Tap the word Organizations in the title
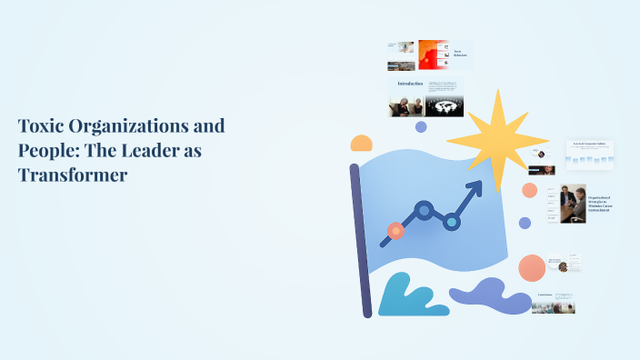click(x=150, y=126)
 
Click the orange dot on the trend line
click(x=395, y=231)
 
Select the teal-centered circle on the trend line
click(x=451, y=221)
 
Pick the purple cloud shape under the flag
click(x=491, y=295)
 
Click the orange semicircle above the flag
click(x=362, y=144)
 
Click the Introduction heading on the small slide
click(x=410, y=84)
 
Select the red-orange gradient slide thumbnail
click(x=433, y=55)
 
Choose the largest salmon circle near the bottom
click(x=532, y=268)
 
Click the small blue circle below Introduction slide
click(x=421, y=127)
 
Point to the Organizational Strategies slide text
click(x=600, y=204)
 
